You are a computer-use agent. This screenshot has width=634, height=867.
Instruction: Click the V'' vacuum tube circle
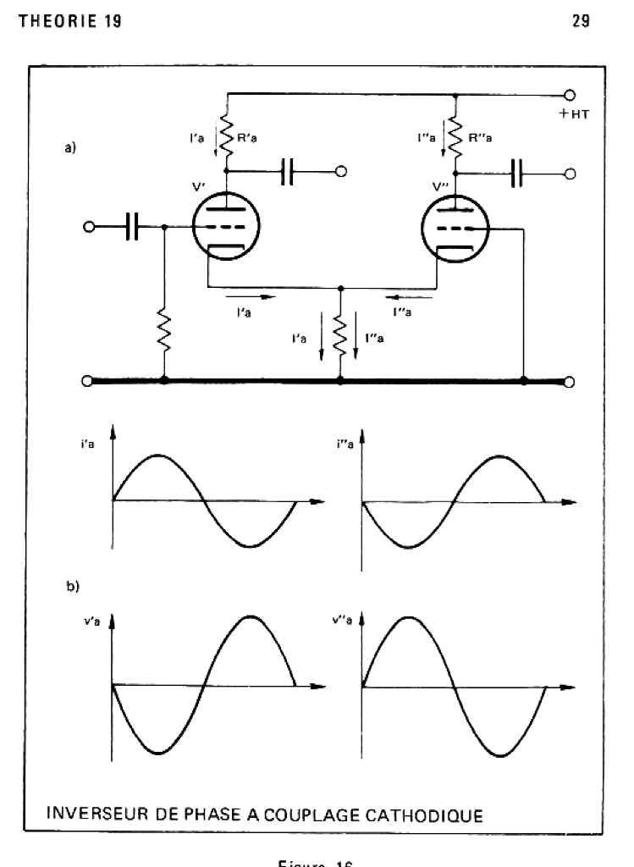(455, 226)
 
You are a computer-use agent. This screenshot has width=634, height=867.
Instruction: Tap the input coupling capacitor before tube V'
(132, 227)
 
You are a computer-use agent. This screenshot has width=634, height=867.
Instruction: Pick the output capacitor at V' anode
(288, 172)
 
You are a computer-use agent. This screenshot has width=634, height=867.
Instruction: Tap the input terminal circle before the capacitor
(88, 227)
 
